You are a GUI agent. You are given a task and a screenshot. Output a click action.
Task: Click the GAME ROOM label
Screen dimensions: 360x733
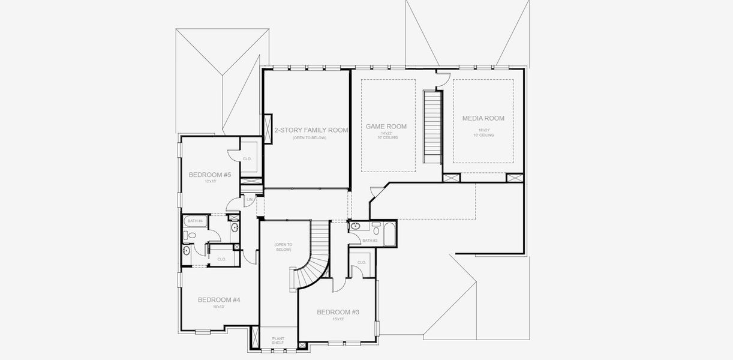386,127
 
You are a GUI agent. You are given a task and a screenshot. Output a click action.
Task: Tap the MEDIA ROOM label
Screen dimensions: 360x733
483,118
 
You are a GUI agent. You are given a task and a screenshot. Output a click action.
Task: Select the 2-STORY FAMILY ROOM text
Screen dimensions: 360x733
311,130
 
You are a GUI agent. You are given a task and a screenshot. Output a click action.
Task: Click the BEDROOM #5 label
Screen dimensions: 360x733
209,175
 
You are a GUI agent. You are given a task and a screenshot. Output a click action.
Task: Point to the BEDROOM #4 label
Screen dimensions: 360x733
219,299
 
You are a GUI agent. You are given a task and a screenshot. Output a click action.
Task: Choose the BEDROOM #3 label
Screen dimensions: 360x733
338,312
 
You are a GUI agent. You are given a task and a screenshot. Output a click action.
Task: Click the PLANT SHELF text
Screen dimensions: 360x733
278,341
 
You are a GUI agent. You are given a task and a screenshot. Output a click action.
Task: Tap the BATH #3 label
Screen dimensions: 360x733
369,241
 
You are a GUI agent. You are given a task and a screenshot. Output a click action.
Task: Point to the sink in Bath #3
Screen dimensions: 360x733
355,227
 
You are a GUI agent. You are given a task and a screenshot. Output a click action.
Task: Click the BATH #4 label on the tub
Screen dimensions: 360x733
195,221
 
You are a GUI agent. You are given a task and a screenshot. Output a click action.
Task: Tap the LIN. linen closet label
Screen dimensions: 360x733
250,199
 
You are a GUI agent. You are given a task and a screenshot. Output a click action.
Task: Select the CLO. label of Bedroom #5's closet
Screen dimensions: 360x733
247,158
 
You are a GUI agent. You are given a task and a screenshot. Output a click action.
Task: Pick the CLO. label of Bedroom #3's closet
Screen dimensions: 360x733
362,262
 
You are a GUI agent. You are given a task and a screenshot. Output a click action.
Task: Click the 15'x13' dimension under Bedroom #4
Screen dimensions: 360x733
219,307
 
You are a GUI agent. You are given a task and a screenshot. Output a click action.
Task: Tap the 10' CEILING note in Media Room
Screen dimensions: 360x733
483,135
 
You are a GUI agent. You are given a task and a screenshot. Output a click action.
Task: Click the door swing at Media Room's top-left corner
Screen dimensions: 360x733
443,76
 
